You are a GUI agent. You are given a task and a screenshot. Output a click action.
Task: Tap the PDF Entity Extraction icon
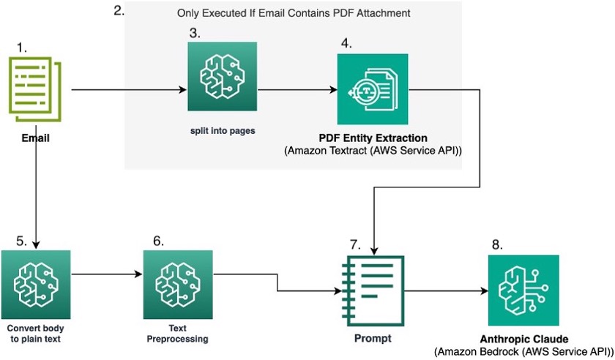pyautogui.click(x=373, y=91)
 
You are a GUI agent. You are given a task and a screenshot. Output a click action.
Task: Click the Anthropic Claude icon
pyautogui.click(x=523, y=290)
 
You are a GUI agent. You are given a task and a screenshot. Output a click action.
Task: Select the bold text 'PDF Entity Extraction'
pyautogui.click(x=373, y=138)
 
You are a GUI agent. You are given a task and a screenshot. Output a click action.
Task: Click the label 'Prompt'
pyautogui.click(x=373, y=338)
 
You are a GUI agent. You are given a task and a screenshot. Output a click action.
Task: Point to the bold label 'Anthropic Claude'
pyautogui.click(x=523, y=340)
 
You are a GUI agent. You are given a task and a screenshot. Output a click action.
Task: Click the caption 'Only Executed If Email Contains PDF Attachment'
pyautogui.click(x=293, y=14)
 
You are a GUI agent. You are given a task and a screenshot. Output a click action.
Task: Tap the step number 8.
pyautogui.click(x=498, y=244)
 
